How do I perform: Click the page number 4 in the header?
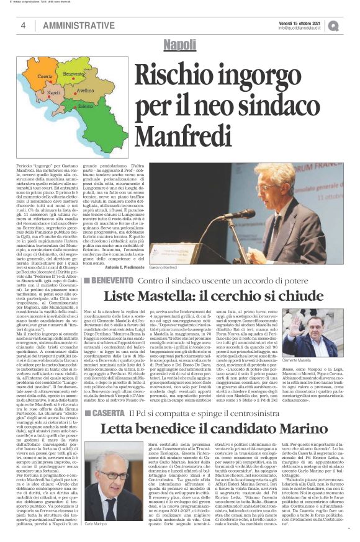pyautogui.click(x=23, y=25)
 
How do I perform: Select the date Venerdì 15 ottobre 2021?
pyautogui.click(x=296, y=21)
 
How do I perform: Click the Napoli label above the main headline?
pyautogui.click(x=179, y=45)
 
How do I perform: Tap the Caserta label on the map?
pyautogui.click(x=45, y=76)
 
